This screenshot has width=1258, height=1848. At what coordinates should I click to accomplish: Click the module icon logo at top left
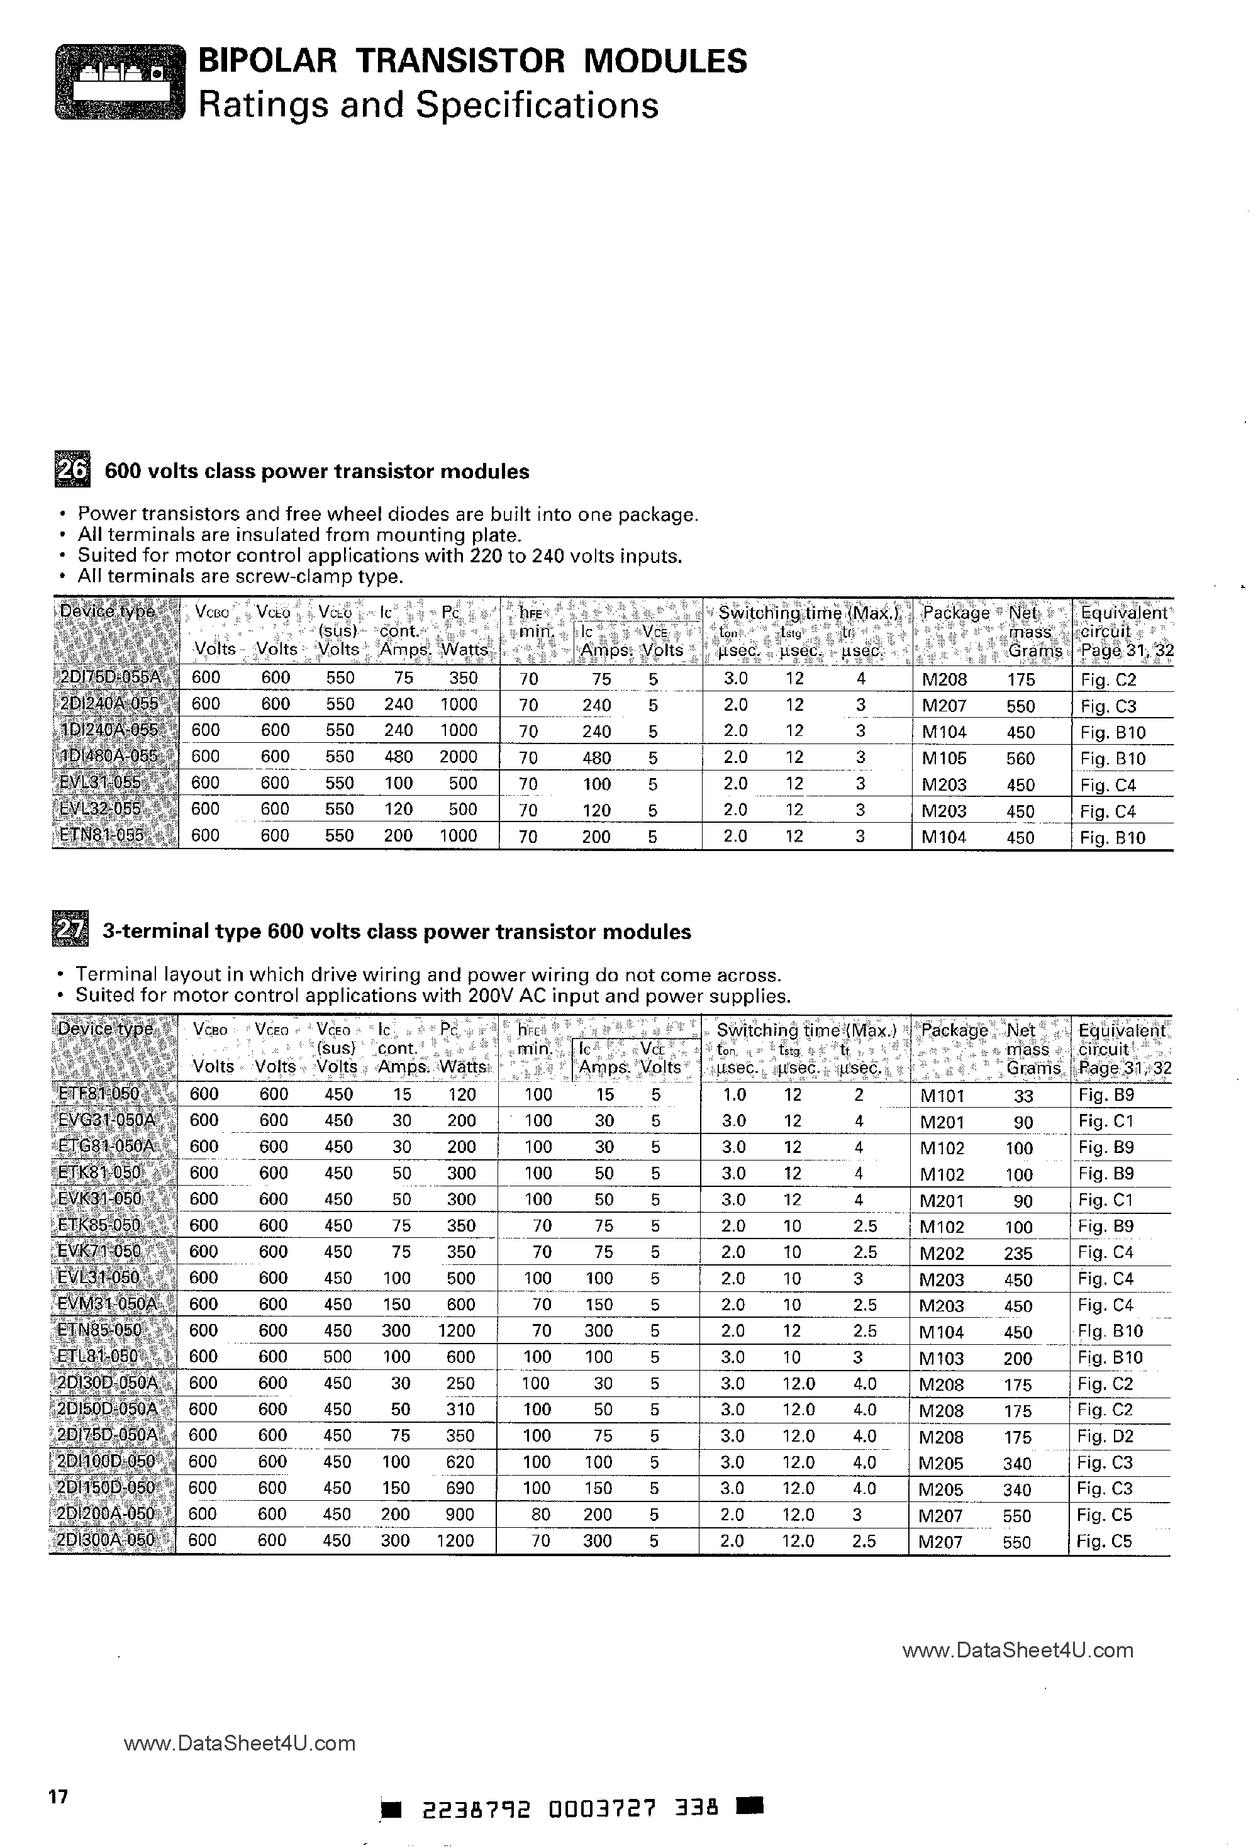pos(120,82)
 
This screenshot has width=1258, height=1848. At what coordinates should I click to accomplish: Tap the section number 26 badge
pos(72,469)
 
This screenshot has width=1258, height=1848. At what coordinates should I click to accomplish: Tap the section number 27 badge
pos(70,930)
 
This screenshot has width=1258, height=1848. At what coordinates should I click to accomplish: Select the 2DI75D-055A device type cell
pos(111,678)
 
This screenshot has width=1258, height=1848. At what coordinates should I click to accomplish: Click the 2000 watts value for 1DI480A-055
pos(459,756)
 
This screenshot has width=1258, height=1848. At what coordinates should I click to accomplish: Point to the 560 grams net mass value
pos(1020,759)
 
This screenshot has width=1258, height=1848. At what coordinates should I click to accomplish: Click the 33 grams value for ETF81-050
pos(1023,1096)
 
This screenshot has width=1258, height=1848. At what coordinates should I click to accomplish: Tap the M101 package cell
pos(942,1096)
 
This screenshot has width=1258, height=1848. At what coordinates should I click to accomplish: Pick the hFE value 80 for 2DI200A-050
pos(541,1514)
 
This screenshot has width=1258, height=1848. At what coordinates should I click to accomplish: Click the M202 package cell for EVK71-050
pos(942,1253)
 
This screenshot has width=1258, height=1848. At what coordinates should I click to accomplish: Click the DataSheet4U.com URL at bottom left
pos(240,1744)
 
